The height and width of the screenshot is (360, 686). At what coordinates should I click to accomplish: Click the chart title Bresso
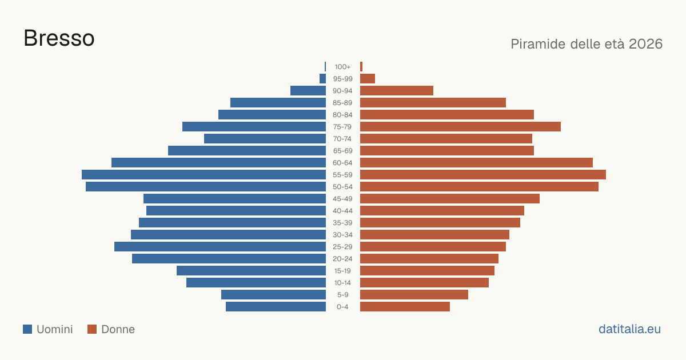click(x=59, y=38)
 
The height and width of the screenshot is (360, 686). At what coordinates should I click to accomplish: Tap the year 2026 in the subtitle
click(x=645, y=44)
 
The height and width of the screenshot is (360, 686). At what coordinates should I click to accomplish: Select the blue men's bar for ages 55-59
click(x=204, y=174)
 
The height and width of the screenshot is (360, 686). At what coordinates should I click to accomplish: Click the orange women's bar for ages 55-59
click(x=483, y=174)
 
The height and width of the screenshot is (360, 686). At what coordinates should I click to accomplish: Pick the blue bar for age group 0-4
click(x=276, y=306)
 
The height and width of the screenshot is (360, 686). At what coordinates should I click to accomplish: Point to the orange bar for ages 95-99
click(x=368, y=79)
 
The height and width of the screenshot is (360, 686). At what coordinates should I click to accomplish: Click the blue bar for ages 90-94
click(x=308, y=91)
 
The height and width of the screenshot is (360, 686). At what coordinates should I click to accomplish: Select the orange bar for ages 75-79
click(x=460, y=127)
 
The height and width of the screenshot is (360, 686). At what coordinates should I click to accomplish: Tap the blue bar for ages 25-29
click(x=220, y=246)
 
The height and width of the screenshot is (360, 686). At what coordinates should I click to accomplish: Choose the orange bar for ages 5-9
click(x=414, y=294)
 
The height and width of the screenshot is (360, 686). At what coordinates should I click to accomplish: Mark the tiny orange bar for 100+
click(x=361, y=67)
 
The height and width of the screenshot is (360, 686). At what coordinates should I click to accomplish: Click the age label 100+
click(x=342, y=67)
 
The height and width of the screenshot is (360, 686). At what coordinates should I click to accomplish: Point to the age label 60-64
click(x=342, y=163)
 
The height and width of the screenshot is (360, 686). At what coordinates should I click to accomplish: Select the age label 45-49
click(x=342, y=199)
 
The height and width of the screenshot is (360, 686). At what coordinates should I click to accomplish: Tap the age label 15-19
click(x=342, y=271)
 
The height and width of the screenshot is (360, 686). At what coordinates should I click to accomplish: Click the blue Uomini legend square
click(x=27, y=329)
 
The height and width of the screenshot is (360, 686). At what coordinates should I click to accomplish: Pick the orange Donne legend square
click(x=92, y=329)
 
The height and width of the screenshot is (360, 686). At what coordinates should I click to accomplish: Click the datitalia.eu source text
click(x=629, y=329)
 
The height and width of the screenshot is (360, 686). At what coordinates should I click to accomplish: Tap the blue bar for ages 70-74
click(x=265, y=139)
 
